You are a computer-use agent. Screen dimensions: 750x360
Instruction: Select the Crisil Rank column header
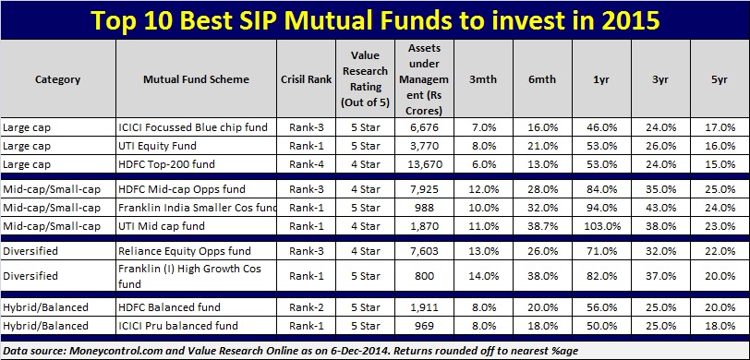[306, 79]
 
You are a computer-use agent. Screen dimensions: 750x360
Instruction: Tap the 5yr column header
[719, 79]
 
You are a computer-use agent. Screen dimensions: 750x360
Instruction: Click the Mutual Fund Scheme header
[196, 79]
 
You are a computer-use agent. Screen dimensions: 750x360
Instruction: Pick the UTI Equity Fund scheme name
[157, 146]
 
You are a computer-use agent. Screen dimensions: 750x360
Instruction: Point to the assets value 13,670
[424, 164]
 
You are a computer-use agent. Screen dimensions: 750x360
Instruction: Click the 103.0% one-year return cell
[602, 226]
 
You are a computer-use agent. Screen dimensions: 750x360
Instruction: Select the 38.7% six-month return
[542, 226]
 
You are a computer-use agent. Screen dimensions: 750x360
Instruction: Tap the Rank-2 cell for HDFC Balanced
[306, 307]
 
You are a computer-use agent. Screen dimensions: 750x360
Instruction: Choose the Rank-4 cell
[306, 164]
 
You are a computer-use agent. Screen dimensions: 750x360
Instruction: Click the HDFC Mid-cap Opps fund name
[182, 189]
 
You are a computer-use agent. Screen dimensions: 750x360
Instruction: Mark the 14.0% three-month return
[483, 276]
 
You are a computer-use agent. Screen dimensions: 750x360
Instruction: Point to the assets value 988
[425, 208]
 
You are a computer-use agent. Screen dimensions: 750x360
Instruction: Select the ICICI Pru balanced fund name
[178, 326]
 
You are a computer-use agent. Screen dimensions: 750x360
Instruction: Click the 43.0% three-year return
[660, 208]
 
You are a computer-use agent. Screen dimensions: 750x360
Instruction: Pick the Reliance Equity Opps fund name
[183, 251]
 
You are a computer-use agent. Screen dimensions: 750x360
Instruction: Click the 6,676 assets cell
[424, 127]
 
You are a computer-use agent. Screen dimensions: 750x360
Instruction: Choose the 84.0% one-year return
[601, 189]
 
